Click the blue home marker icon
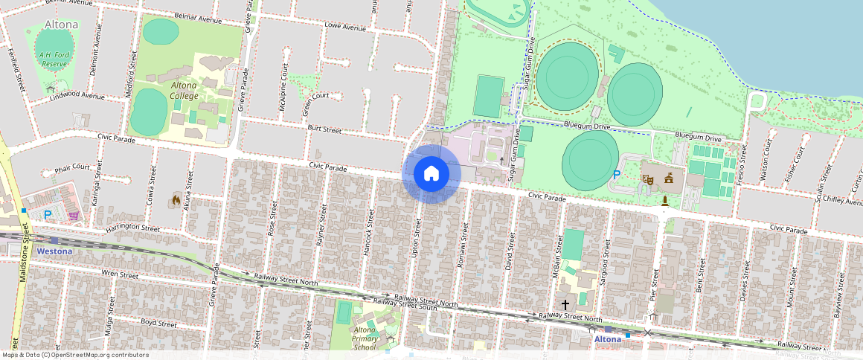coord(431,174)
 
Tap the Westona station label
coord(54,251)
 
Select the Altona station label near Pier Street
coord(608,339)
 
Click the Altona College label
coord(184,90)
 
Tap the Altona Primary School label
coord(365,338)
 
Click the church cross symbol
coord(565,304)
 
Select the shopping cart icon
coord(73,216)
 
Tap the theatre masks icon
coord(648,179)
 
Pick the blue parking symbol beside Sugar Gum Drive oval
coord(616,175)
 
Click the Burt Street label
coord(324,129)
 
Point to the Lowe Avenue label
coord(346,28)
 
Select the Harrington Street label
coord(132,228)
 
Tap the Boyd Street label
coord(158,324)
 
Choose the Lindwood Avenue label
coord(77,95)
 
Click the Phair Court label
coord(72,167)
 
